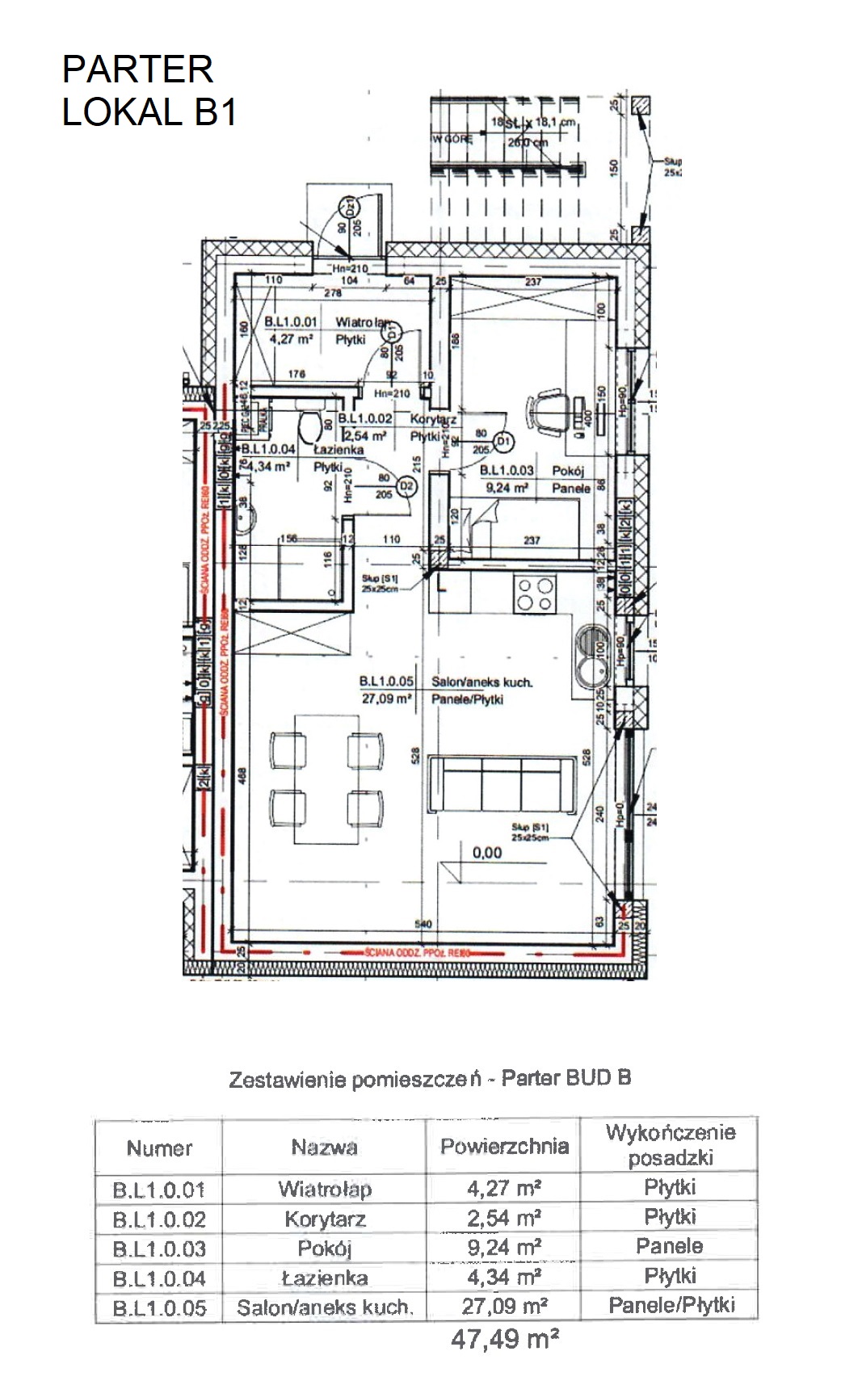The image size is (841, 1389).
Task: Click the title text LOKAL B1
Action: click(x=149, y=112)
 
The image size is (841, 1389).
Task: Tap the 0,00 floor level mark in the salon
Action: click(x=487, y=852)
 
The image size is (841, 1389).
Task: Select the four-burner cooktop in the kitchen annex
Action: click(x=536, y=595)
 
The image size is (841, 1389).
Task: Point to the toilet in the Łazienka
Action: click(x=307, y=424)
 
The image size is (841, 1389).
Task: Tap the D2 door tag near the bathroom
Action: click(x=406, y=486)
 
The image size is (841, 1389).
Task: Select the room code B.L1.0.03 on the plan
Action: click(x=507, y=470)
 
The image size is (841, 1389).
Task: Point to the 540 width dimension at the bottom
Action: click(x=423, y=924)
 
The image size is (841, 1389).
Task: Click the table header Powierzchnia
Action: click(x=504, y=1146)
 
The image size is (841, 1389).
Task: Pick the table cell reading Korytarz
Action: click(x=325, y=1219)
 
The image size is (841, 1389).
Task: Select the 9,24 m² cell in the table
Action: click(x=504, y=1248)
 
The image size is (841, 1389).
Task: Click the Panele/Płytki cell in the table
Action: click(x=671, y=1305)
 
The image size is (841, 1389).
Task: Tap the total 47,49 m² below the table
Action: click(x=505, y=1339)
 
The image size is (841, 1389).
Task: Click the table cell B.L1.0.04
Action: click(x=159, y=1278)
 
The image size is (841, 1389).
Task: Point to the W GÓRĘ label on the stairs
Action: click(x=452, y=139)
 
